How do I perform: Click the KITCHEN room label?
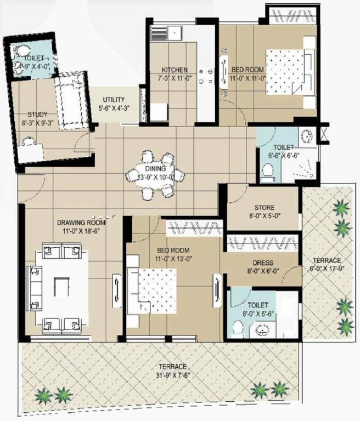click(175, 70)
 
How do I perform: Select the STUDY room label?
click(38, 114)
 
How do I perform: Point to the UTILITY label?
click(114, 100)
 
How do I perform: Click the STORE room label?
click(262, 207)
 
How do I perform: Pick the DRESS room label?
click(262, 263)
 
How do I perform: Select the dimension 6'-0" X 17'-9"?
click(327, 269)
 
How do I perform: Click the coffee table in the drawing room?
click(61, 287)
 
